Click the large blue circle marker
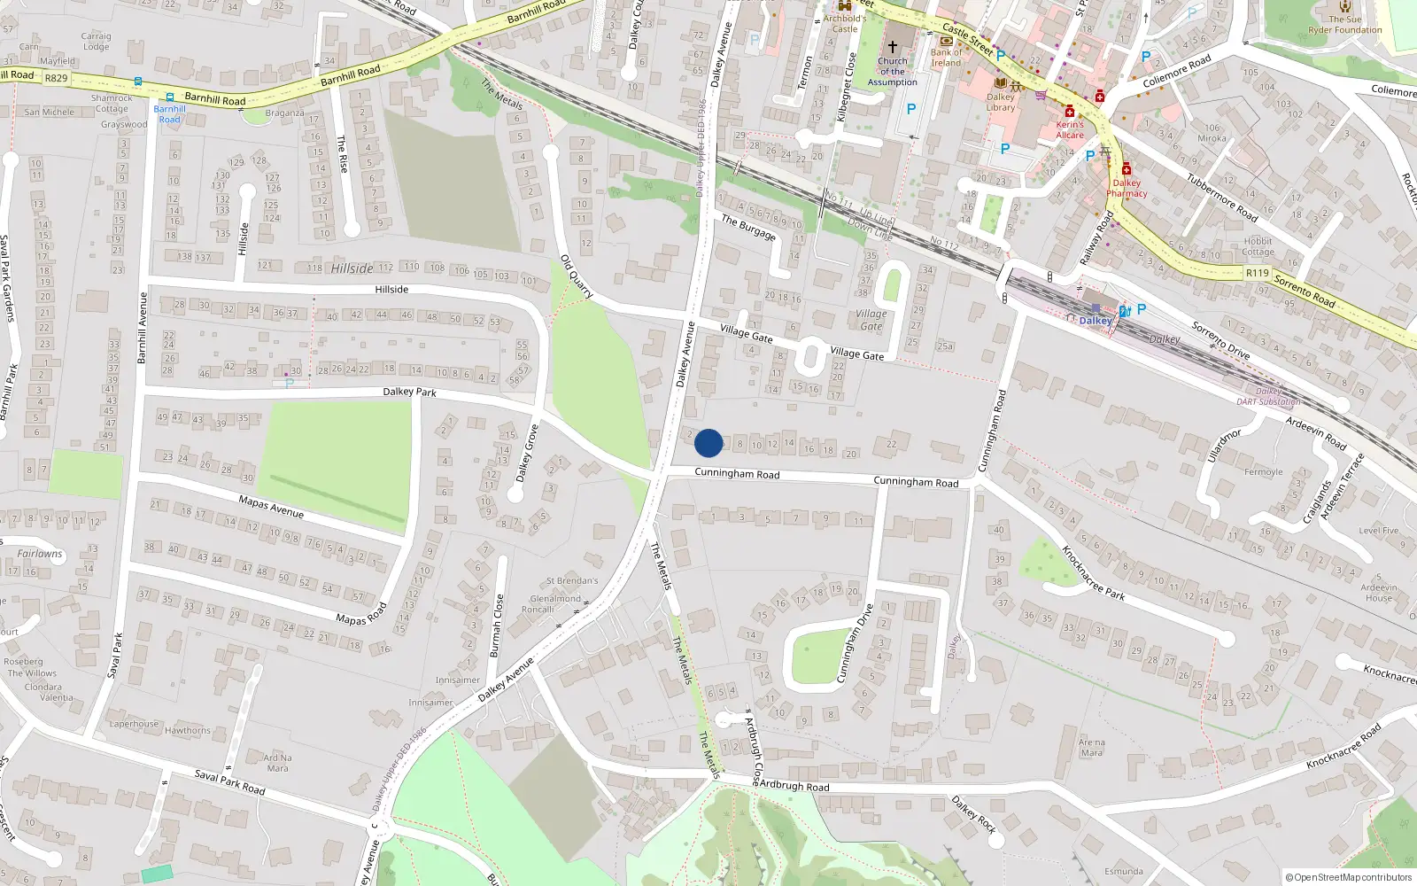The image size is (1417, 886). pyautogui.click(x=708, y=443)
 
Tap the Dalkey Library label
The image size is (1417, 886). pyautogui.click(x=1001, y=102)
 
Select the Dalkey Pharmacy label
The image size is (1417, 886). pyautogui.click(x=1127, y=188)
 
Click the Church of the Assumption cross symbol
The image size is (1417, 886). pyautogui.click(x=893, y=46)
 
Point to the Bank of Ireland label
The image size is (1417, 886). pyautogui.click(x=946, y=58)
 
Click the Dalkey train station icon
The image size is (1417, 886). pyautogui.click(x=1096, y=308)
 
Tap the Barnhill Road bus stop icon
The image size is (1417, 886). pyautogui.click(x=169, y=99)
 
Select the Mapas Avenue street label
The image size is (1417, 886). pyautogui.click(x=271, y=507)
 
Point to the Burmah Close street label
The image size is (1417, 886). pyautogui.click(x=497, y=626)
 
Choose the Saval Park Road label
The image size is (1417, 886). pyautogui.click(x=229, y=781)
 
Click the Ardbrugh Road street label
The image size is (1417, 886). pyautogui.click(x=794, y=786)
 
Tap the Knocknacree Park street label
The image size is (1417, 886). pyautogui.click(x=1093, y=573)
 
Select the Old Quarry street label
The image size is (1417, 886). pyautogui.click(x=577, y=276)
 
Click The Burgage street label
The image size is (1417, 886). pyautogui.click(x=748, y=228)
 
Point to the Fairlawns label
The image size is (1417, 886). pyautogui.click(x=40, y=554)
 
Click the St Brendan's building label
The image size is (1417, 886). pyautogui.click(x=572, y=581)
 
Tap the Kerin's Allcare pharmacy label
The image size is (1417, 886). pyautogui.click(x=1070, y=129)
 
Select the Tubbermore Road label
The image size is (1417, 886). pyautogui.click(x=1222, y=197)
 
